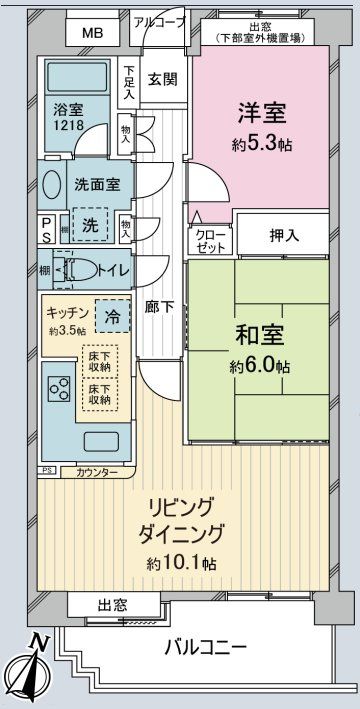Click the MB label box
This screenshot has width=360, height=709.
point(93,33)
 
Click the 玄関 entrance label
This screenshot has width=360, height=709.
point(162,79)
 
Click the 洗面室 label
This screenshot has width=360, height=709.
point(97,186)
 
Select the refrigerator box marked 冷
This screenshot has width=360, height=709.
point(113,315)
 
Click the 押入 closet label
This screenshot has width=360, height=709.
point(284,237)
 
